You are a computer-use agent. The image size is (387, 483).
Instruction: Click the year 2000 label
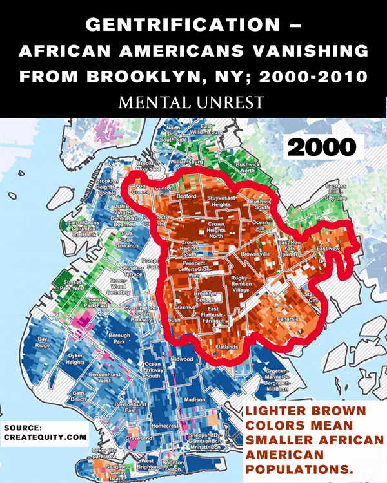(x=322, y=146)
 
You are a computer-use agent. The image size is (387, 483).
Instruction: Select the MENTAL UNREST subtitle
(x=193, y=102)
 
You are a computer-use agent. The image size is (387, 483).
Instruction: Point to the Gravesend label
(x=138, y=438)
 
